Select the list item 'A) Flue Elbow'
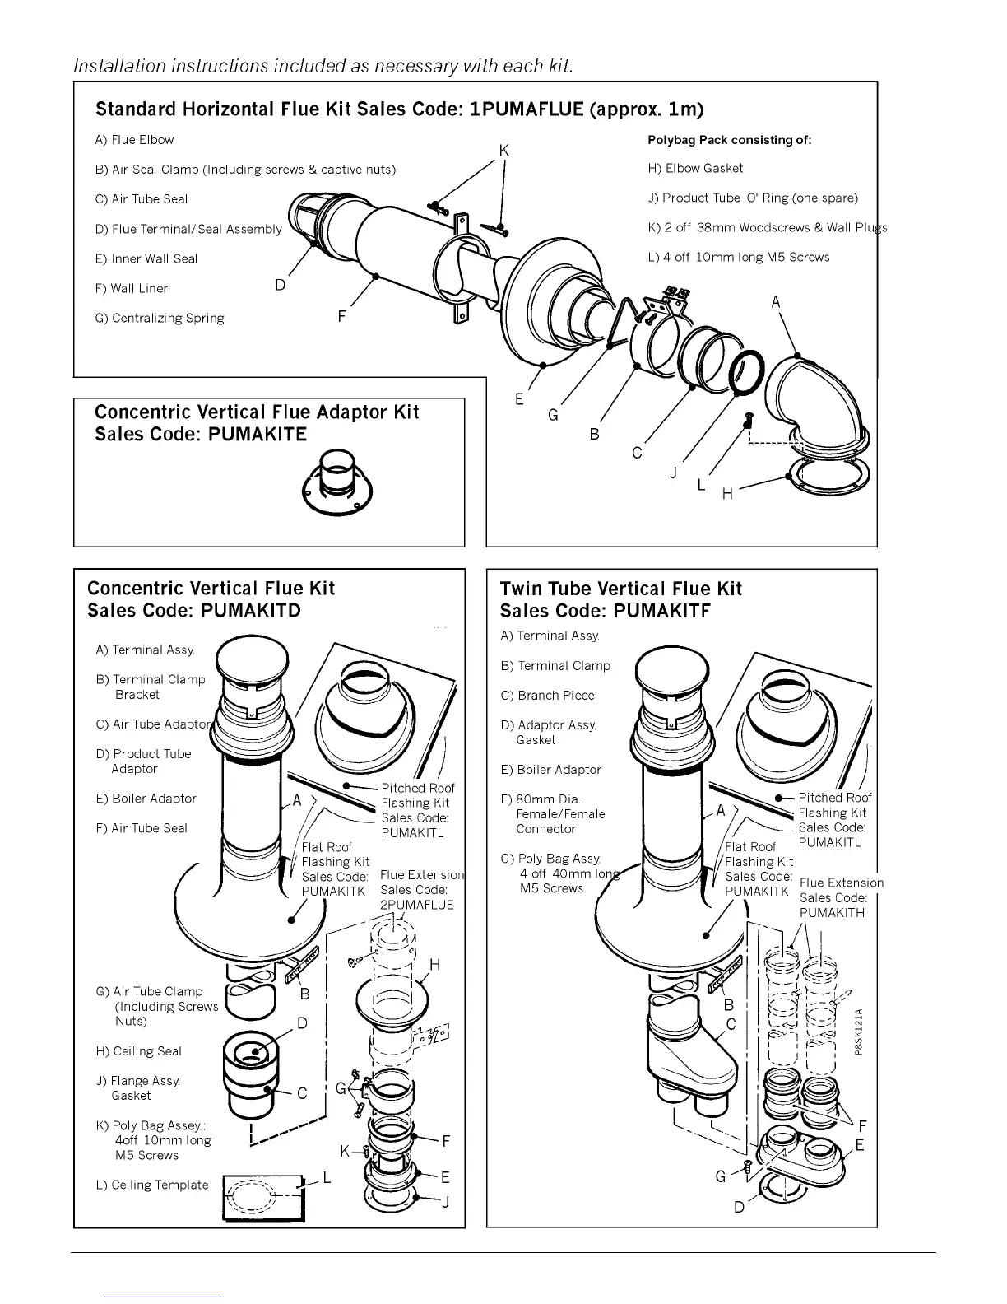(135, 140)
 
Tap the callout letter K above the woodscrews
(504, 151)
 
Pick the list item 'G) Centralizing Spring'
(160, 319)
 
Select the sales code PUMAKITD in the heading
(251, 611)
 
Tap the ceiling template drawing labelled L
(263, 1197)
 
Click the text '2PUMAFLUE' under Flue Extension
(417, 905)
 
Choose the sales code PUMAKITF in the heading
(661, 611)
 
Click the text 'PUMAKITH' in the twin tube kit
(832, 913)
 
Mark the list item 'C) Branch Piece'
(547, 696)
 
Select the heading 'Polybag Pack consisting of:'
(729, 140)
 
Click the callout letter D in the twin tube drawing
(739, 1208)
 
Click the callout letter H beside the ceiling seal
(434, 965)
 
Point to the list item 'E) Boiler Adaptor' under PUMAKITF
(550, 770)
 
